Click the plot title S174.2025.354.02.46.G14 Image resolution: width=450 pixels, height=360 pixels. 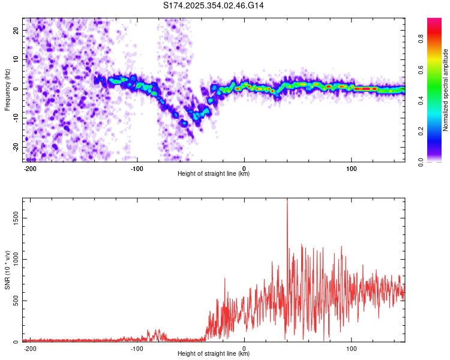(x=214, y=5)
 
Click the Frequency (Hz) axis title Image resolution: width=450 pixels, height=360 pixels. (x=7, y=89)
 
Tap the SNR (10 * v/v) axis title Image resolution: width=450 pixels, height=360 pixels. (x=7, y=269)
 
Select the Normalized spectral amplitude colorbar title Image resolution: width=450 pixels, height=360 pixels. (x=446, y=90)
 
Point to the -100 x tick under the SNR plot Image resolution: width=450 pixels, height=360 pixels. (x=137, y=348)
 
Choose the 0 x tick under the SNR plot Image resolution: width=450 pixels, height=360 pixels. (x=244, y=348)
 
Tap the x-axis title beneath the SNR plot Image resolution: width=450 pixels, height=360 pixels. (x=214, y=354)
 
